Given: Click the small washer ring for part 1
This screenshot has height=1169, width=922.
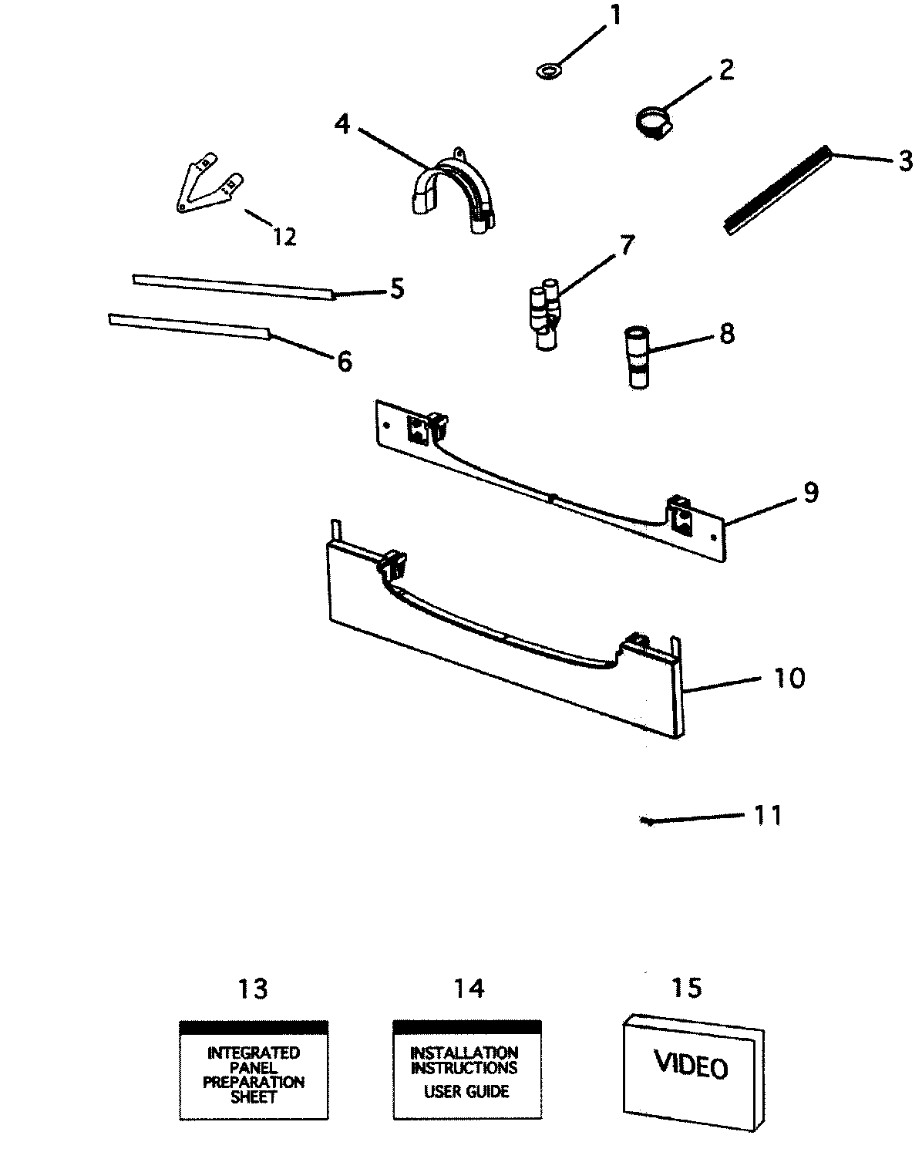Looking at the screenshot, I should (x=547, y=72).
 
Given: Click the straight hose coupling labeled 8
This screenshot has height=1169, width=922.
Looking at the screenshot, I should (x=637, y=356).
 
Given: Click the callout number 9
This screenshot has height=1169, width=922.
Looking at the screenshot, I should (x=810, y=492).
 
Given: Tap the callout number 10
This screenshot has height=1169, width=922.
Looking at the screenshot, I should (x=788, y=678).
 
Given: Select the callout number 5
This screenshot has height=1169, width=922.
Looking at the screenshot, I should (x=395, y=289).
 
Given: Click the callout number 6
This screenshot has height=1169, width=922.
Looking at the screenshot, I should (x=345, y=360).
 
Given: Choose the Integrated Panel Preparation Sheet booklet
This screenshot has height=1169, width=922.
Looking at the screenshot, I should (x=254, y=1070).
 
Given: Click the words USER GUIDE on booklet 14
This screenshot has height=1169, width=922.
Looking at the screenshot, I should (x=466, y=1092).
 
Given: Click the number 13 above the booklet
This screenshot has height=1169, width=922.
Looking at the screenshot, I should (x=252, y=988).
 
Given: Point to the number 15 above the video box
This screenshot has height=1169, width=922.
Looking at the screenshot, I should (x=686, y=987).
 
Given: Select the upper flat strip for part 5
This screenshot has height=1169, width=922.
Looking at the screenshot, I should (x=231, y=286).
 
